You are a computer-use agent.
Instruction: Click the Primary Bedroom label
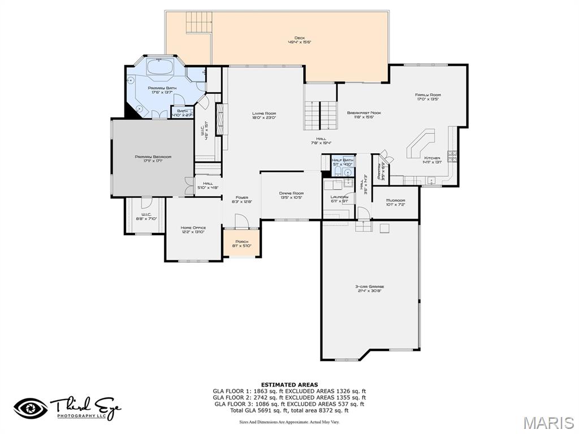pos(153,157)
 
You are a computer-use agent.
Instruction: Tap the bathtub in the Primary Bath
pos(162,68)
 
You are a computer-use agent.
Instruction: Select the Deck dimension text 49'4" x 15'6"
pos(299,42)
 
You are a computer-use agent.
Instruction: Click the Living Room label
pos(263,113)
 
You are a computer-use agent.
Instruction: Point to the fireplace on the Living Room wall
pos(221,121)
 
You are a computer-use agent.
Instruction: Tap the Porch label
pos(241,241)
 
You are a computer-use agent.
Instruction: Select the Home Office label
pos(192,228)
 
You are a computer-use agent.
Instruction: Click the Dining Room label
pos(291,193)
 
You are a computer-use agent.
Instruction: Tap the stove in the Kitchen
pos(452,155)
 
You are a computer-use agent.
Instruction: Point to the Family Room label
pos(427,95)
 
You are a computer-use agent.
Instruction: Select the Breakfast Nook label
pos(364,112)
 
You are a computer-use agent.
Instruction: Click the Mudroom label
pos(395,201)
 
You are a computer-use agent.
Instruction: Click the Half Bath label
pos(342,160)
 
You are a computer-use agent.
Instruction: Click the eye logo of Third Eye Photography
pos(31,408)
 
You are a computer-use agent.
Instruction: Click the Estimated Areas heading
pos(289,385)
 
